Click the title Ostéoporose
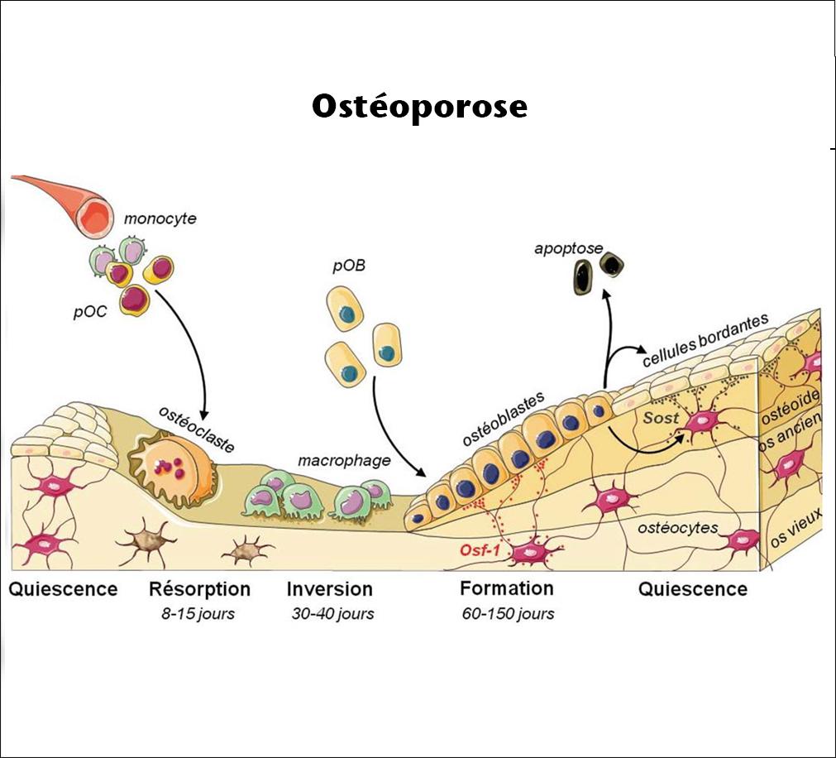pyautogui.click(x=419, y=108)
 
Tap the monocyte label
pyautogui.click(x=160, y=219)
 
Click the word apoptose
pyautogui.click(x=568, y=247)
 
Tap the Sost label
pyautogui.click(x=662, y=418)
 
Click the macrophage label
pyautogui.click(x=343, y=460)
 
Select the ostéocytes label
pyautogui.click(x=678, y=527)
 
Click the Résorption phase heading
pyautogui.click(x=199, y=589)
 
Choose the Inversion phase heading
pyautogui.click(x=329, y=589)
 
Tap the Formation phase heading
pyautogui.click(x=506, y=588)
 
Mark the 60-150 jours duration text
pyautogui.click(x=508, y=614)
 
